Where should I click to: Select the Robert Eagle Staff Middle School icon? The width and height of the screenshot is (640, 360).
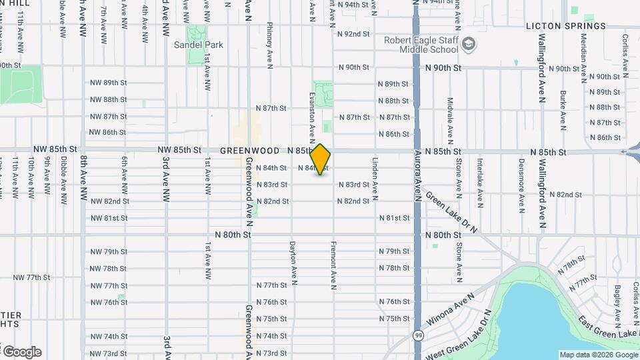coord(469,44)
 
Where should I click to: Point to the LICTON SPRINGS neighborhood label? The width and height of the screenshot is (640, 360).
coord(566,27)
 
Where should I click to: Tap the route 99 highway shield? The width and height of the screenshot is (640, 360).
coord(418,335)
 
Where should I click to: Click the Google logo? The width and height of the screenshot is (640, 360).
coord(21,351)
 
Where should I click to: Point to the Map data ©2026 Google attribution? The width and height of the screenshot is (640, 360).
coord(598,355)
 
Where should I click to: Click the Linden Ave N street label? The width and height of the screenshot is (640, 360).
coord(375,179)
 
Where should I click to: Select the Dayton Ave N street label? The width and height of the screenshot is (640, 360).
coord(292,259)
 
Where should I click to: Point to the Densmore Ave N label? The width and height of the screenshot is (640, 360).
coord(521,179)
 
